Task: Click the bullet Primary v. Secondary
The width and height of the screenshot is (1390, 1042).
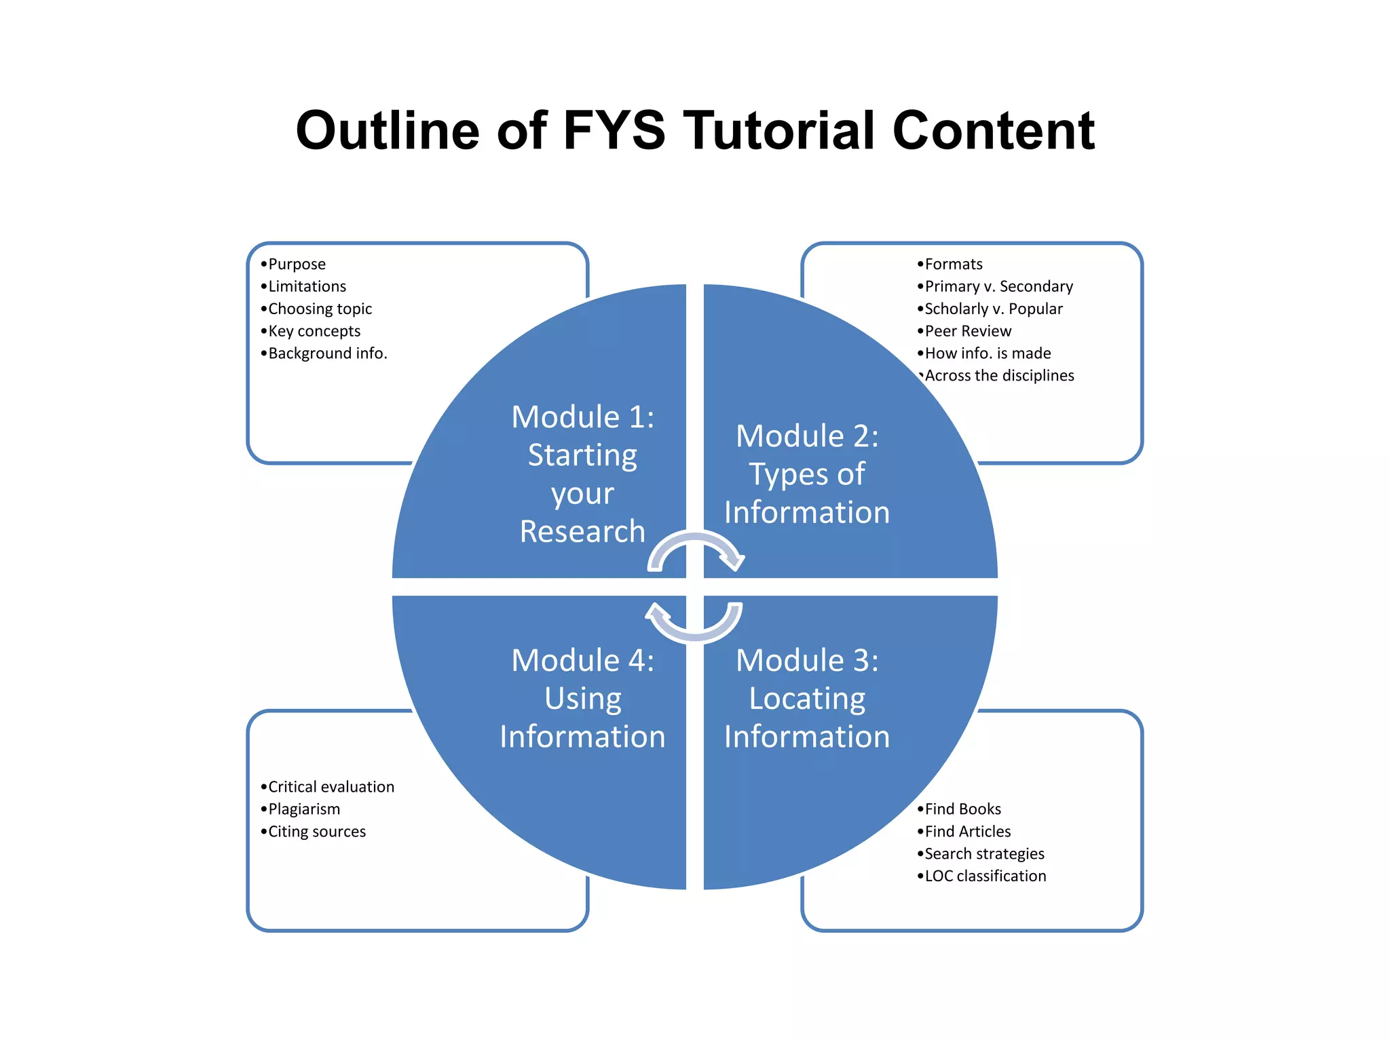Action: point(998,286)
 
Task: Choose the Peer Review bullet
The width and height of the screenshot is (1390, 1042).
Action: point(967,331)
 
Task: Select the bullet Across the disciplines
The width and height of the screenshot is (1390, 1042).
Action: point(998,376)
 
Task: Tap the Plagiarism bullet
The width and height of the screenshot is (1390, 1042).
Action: point(303,809)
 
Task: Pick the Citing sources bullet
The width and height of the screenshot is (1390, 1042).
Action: point(316,832)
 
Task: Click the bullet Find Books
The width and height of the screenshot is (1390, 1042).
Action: point(962,809)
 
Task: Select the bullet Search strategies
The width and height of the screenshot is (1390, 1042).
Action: point(984,854)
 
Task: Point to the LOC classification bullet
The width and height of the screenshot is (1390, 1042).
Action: point(985,876)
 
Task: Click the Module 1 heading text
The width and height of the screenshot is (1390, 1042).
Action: point(582,417)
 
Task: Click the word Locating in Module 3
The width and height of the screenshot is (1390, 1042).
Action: point(807,699)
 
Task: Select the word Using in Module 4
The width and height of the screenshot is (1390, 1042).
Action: point(582,699)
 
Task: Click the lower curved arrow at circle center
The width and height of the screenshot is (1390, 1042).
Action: point(696,628)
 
